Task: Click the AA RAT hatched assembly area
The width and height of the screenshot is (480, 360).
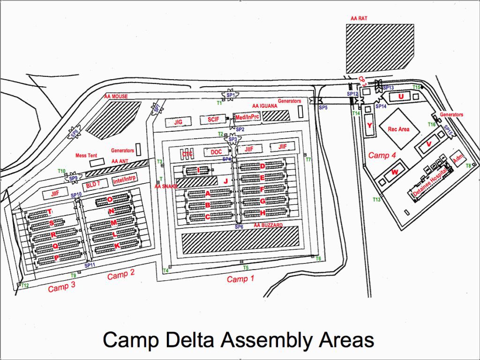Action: coord(380,48)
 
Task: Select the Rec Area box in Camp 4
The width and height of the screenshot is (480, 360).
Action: coord(397,129)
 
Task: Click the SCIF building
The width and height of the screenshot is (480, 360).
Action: coord(213,120)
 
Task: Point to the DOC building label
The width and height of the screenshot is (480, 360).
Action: coord(216,152)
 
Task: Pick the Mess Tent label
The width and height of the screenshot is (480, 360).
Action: coord(86,155)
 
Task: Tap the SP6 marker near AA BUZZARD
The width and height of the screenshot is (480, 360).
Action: coord(239,226)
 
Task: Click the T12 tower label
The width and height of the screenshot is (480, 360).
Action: coord(25,285)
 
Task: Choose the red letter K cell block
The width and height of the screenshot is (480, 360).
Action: coord(117,246)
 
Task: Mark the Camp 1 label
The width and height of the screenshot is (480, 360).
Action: coord(240,279)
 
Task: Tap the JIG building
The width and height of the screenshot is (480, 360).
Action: coord(179,122)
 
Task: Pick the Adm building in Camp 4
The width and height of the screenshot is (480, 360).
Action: coord(457,159)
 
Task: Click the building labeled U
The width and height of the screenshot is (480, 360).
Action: coord(400,96)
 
